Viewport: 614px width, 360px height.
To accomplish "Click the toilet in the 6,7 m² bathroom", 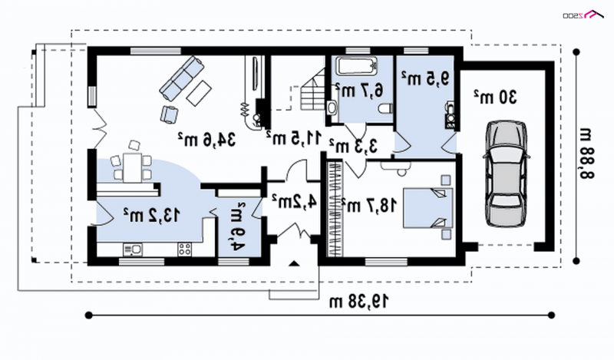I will click(x=381, y=110).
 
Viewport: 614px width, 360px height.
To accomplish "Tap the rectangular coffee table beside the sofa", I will click(x=200, y=93).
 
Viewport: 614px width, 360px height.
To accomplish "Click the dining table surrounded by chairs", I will click(x=134, y=164).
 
